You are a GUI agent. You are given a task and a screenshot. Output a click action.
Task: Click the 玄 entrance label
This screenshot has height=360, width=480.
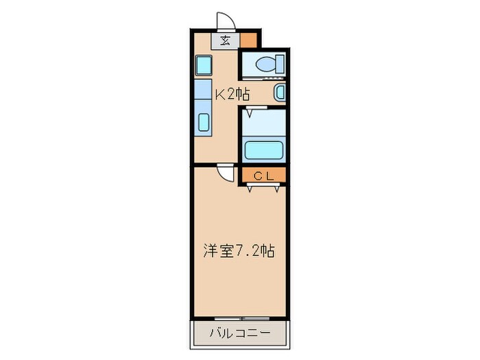(x=226, y=40)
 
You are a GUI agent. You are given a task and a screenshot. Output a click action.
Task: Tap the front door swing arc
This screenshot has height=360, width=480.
(x=226, y=21)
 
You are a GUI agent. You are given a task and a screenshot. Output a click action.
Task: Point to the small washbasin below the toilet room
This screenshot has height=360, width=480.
(x=280, y=93)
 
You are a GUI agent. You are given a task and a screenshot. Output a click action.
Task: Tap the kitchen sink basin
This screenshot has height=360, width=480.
(x=204, y=122)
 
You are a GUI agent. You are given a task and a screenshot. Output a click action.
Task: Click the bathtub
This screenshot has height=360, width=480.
(x=264, y=149)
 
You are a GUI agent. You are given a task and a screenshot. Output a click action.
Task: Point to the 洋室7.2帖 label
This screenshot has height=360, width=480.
(x=238, y=251)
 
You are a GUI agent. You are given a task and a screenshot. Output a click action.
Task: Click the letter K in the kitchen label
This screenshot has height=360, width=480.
(x=221, y=94)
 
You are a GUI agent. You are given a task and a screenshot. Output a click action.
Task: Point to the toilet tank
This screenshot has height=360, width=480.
(x=279, y=65)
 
